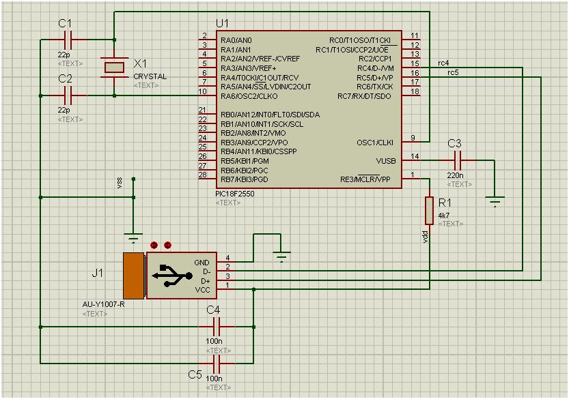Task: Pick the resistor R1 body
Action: pos(429,210)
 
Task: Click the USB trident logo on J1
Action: pos(174,276)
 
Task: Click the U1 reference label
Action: pos(223,23)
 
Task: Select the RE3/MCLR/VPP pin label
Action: pos(365,180)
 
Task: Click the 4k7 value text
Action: pos(443,216)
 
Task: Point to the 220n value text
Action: pos(456,175)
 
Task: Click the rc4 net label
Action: pos(443,63)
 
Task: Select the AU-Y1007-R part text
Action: pos(103,304)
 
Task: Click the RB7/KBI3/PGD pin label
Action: pos(244,180)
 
